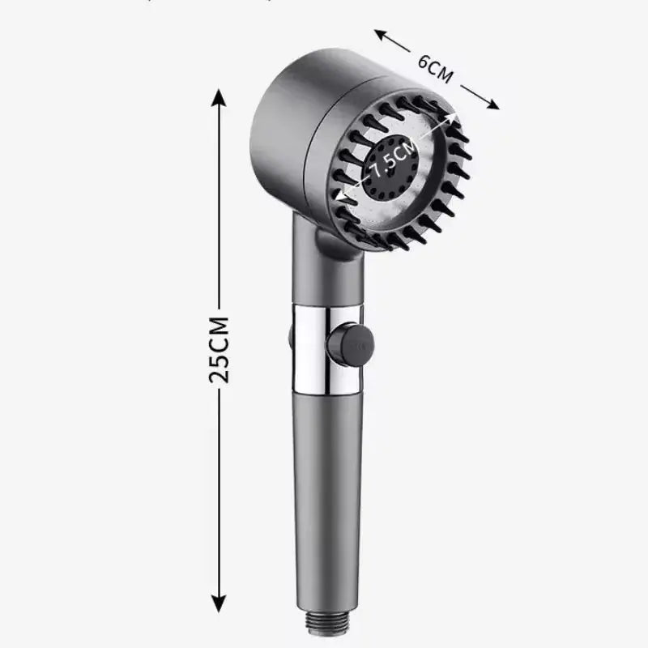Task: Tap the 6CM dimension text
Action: point(436,68)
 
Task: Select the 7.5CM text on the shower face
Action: point(394,160)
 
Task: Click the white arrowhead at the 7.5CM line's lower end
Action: point(344,197)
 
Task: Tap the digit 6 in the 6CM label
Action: point(424,61)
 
